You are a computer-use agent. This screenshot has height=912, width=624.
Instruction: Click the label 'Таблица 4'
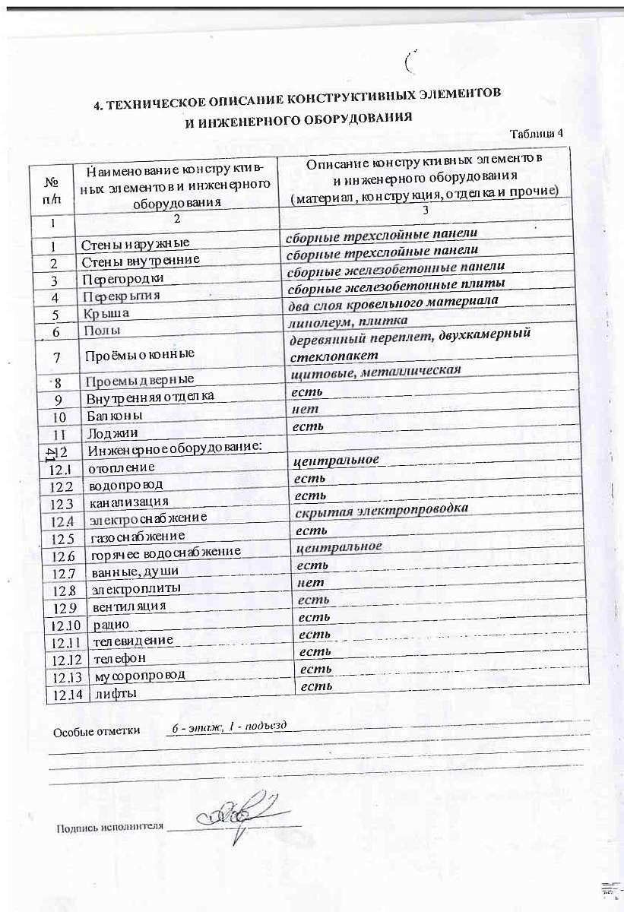coord(536,133)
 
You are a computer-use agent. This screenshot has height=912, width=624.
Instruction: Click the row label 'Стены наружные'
coord(135,244)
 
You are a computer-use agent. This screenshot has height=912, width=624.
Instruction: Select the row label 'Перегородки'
coord(125,279)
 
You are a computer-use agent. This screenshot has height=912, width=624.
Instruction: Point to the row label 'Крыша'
coord(107,313)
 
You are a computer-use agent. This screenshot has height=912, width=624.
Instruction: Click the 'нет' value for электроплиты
coord(311,582)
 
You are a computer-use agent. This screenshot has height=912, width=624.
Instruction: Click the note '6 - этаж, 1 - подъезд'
coord(229,727)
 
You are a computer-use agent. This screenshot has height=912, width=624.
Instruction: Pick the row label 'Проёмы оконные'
coord(139,353)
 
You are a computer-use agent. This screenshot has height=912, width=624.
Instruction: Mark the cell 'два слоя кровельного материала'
coord(392,302)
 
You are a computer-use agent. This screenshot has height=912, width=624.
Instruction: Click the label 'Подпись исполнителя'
coord(109,827)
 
